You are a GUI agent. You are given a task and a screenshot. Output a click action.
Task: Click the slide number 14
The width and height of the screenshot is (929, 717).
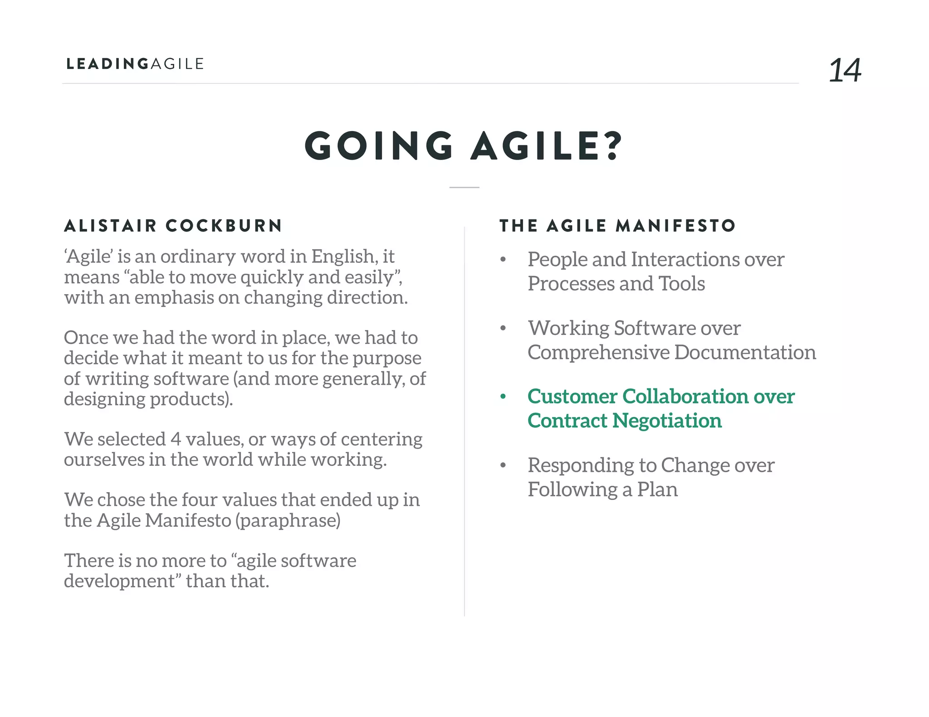pos(845,70)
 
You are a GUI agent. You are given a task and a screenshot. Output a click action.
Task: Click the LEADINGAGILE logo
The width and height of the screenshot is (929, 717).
pos(135,64)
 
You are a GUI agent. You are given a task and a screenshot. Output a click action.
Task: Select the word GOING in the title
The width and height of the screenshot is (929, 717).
pos(379,146)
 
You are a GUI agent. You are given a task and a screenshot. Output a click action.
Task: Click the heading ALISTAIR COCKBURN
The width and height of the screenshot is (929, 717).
pos(173,225)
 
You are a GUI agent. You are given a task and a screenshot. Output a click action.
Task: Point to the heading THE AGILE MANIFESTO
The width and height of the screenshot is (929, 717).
pos(617,225)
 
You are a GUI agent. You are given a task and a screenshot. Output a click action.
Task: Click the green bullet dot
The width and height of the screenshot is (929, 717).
pos(503,397)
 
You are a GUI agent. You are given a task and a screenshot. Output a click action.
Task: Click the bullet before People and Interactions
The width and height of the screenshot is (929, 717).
pos(503,260)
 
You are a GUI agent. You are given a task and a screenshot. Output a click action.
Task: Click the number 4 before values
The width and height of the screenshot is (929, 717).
pos(176,439)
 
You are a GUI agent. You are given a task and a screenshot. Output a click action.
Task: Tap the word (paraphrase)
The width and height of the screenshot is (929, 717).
pos(288,521)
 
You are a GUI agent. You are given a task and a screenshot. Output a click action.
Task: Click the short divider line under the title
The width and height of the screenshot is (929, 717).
pos(464,187)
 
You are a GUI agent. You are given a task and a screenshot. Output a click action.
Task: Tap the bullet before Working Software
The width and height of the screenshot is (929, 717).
pos(503,328)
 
